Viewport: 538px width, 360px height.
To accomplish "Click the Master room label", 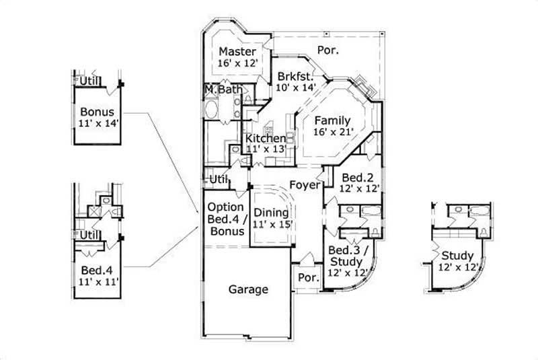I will (237, 51).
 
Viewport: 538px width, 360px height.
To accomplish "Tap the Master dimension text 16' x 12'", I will (237, 63).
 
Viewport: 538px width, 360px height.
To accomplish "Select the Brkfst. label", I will (295, 75).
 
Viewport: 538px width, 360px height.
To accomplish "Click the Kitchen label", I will (266, 138).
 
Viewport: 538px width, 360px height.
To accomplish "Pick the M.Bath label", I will (220, 89).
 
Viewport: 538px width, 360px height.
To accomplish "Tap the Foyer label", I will (304, 184).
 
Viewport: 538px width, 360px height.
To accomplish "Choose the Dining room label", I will (271, 213).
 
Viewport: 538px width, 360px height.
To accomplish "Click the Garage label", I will (248, 290).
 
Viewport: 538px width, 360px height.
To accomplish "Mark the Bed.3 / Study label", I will (348, 255).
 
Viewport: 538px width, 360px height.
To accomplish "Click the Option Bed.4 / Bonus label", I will (226, 219).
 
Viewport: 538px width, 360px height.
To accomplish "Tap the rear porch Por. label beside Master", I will (328, 50).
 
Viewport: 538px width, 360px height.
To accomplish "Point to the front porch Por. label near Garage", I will (307, 277).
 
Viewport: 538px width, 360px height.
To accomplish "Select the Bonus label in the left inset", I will (97, 112).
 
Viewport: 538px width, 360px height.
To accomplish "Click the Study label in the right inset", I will (457, 256).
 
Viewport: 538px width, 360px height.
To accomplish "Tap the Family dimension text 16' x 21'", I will (333, 131).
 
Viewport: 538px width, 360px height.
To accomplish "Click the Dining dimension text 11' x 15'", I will (271, 225).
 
